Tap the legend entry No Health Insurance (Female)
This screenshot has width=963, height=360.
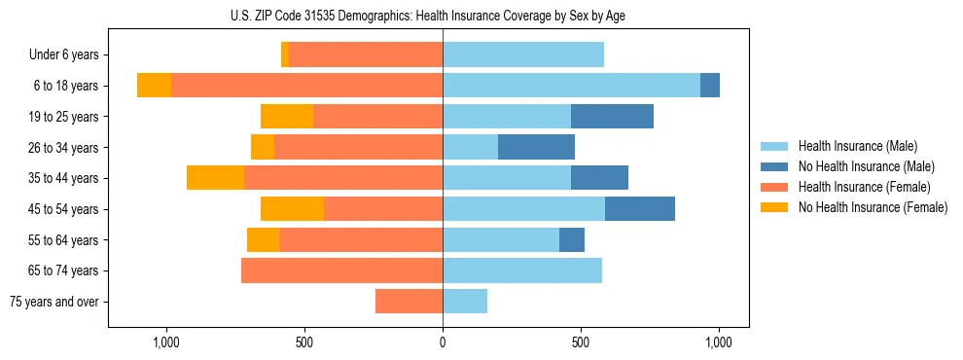(873, 207)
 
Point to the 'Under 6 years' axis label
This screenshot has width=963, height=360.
(63, 54)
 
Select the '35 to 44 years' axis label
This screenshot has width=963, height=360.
(64, 178)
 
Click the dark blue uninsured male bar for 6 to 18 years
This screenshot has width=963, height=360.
(710, 86)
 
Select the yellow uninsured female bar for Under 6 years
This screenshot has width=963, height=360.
(285, 54)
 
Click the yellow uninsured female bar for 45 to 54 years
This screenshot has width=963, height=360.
(292, 209)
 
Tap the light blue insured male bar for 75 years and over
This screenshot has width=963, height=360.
(465, 302)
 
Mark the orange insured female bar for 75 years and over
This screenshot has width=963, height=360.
(409, 302)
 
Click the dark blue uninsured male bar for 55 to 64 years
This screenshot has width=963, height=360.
(572, 239)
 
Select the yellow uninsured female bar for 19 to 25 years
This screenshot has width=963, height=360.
(287, 117)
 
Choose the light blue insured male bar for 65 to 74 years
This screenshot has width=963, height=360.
(522, 270)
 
